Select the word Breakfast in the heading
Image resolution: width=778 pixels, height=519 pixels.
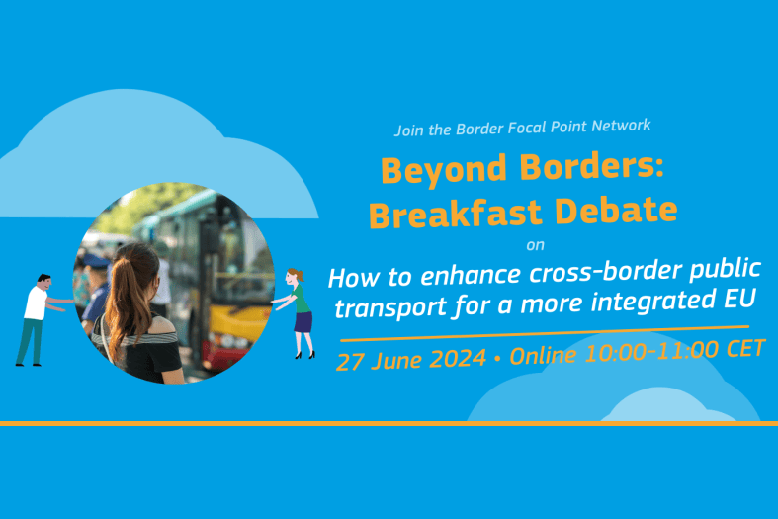click(x=455, y=214)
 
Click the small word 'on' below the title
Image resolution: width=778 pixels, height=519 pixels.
click(x=536, y=245)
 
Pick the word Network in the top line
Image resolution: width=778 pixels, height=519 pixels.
click(x=621, y=126)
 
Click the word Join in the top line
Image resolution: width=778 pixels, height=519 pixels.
click(x=409, y=130)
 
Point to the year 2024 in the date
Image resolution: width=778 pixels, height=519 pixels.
click(x=458, y=358)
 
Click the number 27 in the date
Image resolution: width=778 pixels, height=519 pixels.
click(x=350, y=361)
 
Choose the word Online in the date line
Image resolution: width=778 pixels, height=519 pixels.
click(x=543, y=356)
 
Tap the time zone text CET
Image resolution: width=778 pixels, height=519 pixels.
click(x=745, y=348)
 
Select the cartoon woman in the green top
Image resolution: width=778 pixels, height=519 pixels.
click(x=298, y=312)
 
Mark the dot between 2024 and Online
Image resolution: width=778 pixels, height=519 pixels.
click(x=497, y=359)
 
